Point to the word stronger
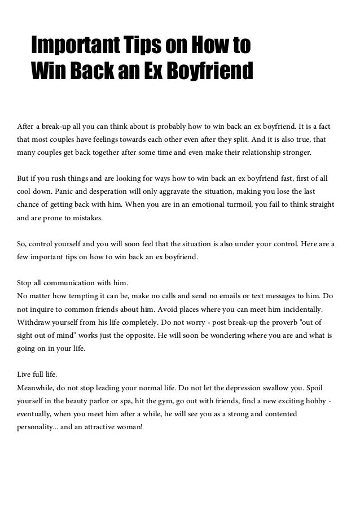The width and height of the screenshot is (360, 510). [x=300, y=152]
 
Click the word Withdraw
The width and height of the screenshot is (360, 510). [x=35, y=324]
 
